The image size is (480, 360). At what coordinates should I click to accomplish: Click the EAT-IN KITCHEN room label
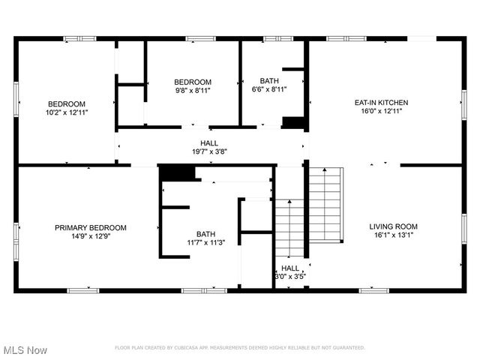point(386,103)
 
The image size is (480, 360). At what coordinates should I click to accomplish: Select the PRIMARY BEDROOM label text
point(90,228)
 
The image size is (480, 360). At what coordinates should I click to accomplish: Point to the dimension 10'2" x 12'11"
point(67,113)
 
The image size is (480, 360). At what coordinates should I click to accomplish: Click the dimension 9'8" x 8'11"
point(193,91)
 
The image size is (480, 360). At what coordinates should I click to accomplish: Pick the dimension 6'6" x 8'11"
point(269,90)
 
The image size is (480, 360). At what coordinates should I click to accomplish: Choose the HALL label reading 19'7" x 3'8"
point(209,151)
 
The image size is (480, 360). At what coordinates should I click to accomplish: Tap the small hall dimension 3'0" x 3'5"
point(290,277)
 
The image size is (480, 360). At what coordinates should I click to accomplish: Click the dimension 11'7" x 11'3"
point(205,242)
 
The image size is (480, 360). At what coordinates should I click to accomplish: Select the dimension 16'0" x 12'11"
point(386,112)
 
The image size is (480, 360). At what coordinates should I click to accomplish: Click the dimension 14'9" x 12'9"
point(90,237)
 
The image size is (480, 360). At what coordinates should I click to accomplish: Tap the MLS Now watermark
point(25,350)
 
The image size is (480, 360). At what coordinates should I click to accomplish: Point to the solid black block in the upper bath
point(292,122)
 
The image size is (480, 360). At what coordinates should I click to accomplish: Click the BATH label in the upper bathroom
point(269,81)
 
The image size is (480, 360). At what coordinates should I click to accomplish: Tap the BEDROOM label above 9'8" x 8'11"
point(193,82)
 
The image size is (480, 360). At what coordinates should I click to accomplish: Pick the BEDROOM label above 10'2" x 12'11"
point(67,104)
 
